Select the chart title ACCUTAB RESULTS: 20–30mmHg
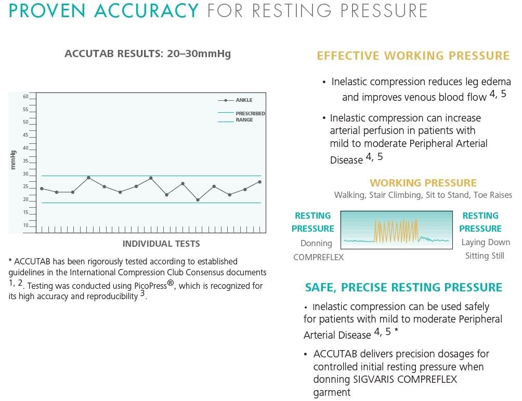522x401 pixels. coord(148,54)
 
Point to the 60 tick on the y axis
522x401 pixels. coord(26,97)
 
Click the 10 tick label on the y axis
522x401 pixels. coord(26,225)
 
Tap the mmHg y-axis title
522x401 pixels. coord(13,159)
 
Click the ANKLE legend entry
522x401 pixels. coord(244,100)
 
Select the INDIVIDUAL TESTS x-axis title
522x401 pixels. coord(161,244)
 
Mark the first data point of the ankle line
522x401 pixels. coord(42,189)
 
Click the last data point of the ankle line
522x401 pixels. coord(259,182)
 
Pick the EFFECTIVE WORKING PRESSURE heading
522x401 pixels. coord(413,56)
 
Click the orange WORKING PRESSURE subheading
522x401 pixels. coord(423,183)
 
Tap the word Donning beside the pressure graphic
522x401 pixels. coord(316,243)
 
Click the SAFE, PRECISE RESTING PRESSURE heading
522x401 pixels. coord(403,288)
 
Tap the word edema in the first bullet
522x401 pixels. coord(497,82)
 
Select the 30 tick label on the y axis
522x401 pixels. coord(26,174)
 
